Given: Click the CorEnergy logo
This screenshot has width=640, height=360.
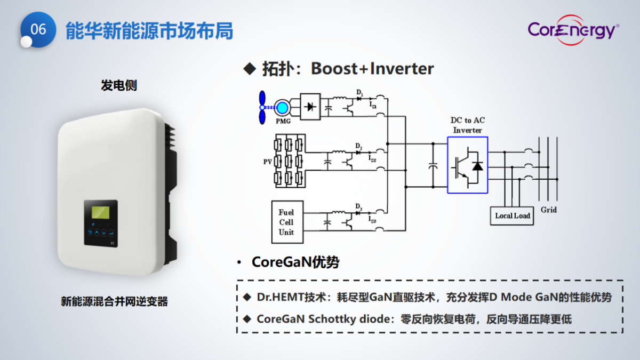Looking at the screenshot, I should pyautogui.click(x=573, y=30).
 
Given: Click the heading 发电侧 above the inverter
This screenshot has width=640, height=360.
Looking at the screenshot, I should pyautogui.click(x=119, y=85).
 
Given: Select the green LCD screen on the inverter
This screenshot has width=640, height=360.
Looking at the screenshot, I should pyautogui.click(x=101, y=212).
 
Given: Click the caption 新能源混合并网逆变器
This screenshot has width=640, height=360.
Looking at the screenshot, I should pyautogui.click(x=114, y=302).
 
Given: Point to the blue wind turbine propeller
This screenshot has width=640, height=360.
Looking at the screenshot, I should pyautogui.click(x=262, y=107).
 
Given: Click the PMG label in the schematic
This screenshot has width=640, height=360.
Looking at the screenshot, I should pyautogui.click(x=283, y=122).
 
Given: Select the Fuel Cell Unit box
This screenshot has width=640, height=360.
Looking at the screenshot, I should pyautogui.click(x=286, y=222).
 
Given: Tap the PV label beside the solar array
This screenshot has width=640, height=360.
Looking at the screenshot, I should pyautogui.click(x=268, y=161).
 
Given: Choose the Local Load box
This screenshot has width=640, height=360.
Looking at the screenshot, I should pyautogui.click(x=512, y=215).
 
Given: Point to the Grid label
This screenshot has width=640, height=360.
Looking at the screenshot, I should pyautogui.click(x=548, y=210).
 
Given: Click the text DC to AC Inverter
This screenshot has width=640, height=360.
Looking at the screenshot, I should pyautogui.click(x=467, y=125).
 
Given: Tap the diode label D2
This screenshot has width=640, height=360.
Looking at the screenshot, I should pyautogui.click(x=359, y=146).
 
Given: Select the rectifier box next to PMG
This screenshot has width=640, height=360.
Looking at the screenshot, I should pyautogui.click(x=309, y=106).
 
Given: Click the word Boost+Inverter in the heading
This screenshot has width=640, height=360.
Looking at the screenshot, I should pyautogui.click(x=372, y=69).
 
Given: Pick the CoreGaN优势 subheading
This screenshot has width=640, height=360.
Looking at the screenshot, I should pyautogui.click(x=295, y=262).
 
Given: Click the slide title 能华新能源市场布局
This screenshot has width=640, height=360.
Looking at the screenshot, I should pyautogui.click(x=149, y=31).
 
